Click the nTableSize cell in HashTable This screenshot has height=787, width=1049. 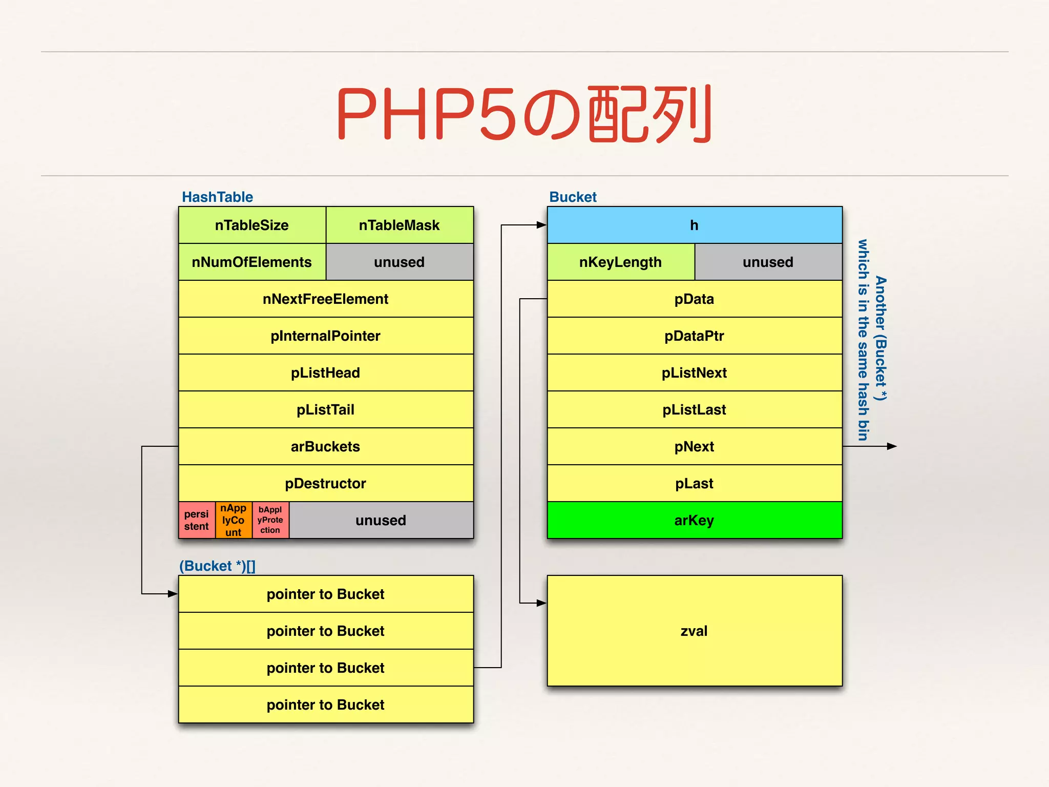click(252, 225)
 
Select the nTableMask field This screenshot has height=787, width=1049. click(400, 225)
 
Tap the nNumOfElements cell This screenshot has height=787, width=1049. click(252, 262)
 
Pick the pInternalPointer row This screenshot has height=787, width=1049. click(326, 336)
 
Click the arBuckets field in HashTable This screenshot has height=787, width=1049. click(326, 447)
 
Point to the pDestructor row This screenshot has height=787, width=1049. click(326, 484)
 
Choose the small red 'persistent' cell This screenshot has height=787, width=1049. click(197, 520)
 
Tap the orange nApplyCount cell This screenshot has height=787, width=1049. click(234, 520)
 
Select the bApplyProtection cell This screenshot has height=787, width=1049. click(270, 520)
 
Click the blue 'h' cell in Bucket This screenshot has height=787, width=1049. click(695, 225)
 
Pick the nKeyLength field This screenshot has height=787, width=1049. click(621, 262)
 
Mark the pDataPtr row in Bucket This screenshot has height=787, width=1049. click(695, 336)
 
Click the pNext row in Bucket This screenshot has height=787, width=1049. click(695, 447)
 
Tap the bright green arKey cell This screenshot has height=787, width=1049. click(695, 521)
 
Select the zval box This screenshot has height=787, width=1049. click(695, 631)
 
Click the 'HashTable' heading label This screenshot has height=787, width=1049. click(217, 197)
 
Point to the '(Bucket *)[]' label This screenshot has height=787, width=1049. click(217, 566)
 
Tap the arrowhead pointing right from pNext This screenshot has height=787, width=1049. click(892, 446)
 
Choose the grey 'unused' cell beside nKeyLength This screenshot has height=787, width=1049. click(768, 262)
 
